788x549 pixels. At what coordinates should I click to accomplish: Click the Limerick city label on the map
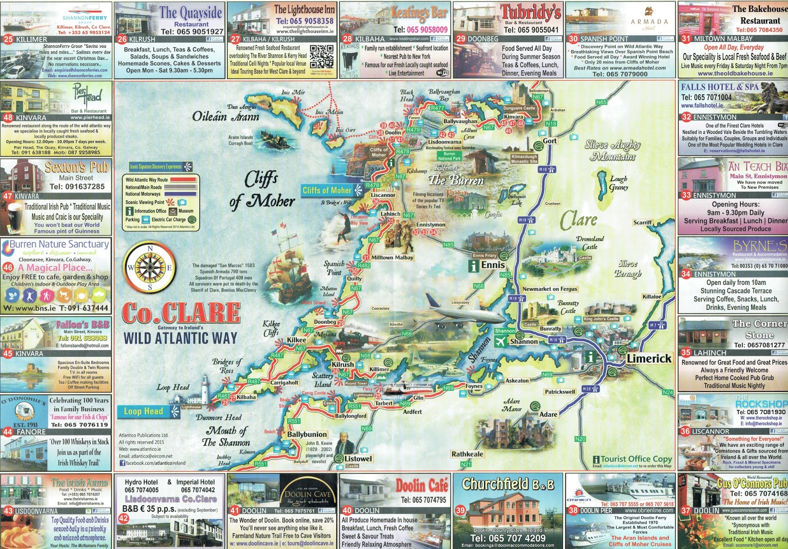(x=649, y=359)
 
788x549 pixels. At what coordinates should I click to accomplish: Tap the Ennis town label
(x=493, y=265)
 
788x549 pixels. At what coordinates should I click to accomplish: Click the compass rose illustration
(x=151, y=268)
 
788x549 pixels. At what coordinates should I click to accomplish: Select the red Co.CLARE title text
(x=181, y=313)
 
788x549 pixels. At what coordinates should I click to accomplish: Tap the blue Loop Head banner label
(x=143, y=411)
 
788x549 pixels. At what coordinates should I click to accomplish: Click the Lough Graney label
(x=619, y=183)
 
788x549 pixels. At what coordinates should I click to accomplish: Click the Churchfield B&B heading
(x=508, y=485)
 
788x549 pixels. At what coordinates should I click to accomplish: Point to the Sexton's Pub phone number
(x=77, y=186)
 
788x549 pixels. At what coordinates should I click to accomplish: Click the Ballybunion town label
(x=307, y=434)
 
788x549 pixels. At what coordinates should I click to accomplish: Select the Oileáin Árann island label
(x=225, y=117)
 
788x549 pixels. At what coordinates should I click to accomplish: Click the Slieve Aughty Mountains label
(x=612, y=151)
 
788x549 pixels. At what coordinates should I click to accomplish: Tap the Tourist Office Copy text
(x=636, y=458)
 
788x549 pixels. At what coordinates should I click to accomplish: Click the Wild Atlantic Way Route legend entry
(x=146, y=180)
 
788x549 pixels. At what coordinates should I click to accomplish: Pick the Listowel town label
(x=358, y=458)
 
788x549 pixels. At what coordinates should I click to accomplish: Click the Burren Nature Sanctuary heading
(x=59, y=244)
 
